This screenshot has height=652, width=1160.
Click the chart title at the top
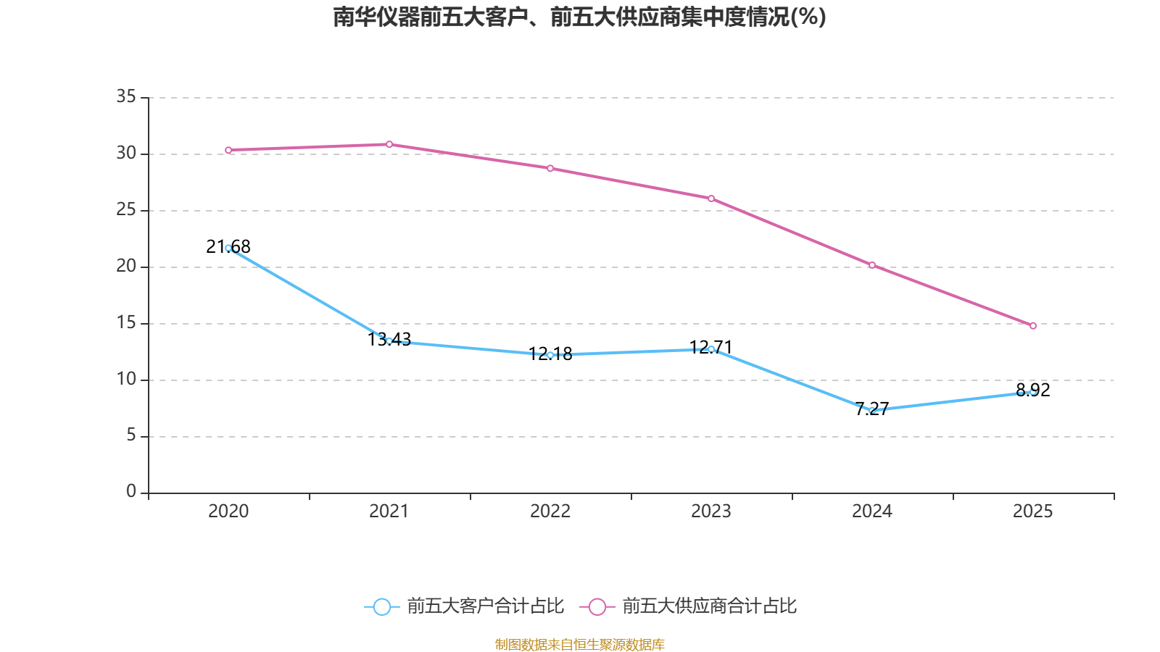click(579, 17)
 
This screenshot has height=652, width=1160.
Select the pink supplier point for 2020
click(228, 150)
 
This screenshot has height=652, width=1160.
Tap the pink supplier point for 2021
click(389, 144)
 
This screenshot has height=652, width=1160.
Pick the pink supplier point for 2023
click(711, 198)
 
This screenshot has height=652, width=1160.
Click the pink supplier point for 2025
click(1033, 326)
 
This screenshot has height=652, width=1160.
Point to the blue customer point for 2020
click(228, 248)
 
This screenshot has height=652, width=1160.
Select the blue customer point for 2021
click(389, 340)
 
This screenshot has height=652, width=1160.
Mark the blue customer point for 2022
click(550, 355)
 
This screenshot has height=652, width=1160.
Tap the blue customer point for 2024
click(872, 411)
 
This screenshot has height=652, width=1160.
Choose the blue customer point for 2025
click(1033, 392)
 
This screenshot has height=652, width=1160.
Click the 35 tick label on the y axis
click(126, 96)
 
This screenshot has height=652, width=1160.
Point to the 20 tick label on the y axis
click(126, 266)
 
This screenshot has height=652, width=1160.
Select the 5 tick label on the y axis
click(131, 435)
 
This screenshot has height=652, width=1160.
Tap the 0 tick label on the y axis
click(131, 492)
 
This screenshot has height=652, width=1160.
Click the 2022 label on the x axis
click(550, 511)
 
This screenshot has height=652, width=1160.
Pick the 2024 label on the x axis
click(872, 511)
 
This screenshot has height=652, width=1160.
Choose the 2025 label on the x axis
click(1033, 511)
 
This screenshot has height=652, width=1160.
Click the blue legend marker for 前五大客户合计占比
click(381, 606)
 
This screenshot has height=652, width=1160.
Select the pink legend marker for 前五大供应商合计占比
click(597, 606)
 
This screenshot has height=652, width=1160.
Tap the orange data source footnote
click(579, 644)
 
